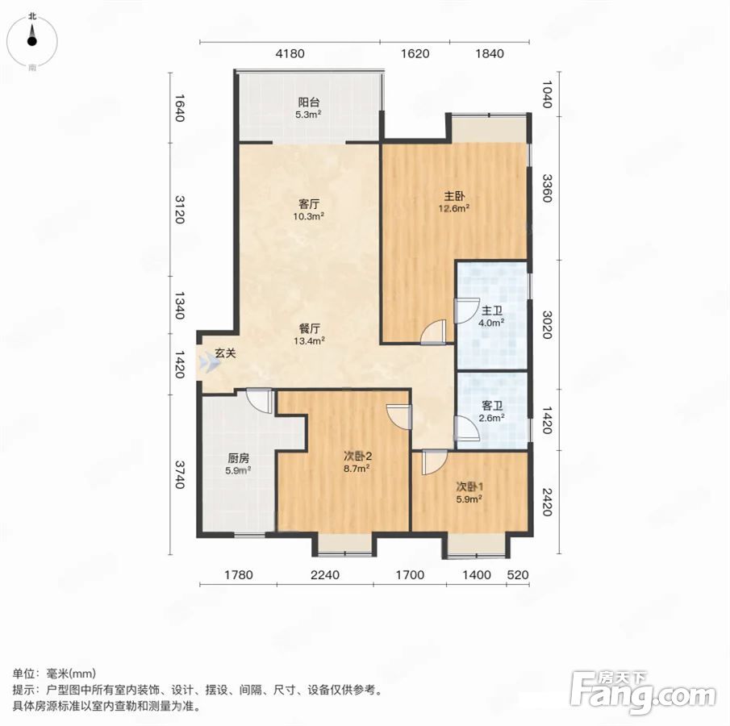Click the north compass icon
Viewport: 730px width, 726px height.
tap(31, 41)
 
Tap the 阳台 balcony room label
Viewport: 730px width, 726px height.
tap(309, 102)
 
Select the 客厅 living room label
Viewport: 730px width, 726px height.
tap(309, 204)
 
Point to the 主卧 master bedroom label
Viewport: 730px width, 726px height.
tap(453, 196)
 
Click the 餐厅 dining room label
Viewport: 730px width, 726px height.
tap(309, 328)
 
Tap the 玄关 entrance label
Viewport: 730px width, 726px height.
tap(225, 353)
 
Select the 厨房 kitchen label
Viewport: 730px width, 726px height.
tap(239, 458)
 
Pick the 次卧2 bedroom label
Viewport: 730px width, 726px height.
tap(357, 457)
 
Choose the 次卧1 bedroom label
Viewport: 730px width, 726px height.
tap(469, 487)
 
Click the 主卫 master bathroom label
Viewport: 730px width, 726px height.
tap(491, 311)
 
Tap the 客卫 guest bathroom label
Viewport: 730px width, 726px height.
tap(491, 406)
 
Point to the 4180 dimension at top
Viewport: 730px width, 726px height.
tap(290, 53)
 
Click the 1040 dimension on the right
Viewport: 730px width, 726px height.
tap(548, 94)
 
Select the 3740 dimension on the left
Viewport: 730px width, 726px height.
tap(180, 475)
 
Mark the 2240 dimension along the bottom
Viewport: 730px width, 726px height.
tap(325, 575)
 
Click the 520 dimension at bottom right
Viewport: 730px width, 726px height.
tap(518, 575)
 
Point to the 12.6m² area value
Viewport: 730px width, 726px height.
tap(453, 208)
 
